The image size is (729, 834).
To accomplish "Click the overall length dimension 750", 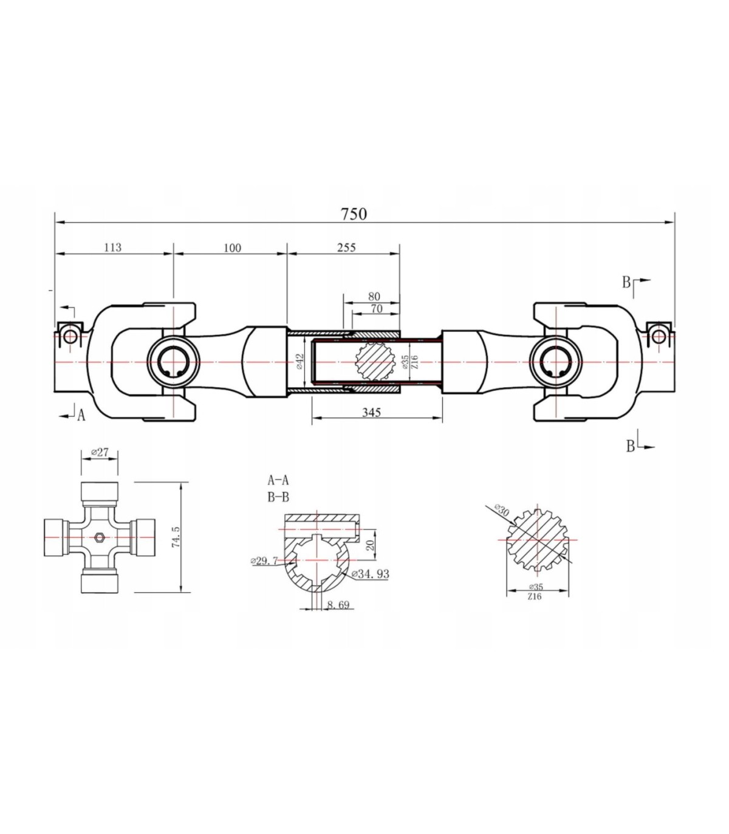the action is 354,213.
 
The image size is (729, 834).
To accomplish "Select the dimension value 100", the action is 232,247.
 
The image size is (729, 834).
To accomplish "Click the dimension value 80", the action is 374,297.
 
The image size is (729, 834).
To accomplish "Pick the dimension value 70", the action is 377,309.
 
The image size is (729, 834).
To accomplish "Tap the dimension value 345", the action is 371,412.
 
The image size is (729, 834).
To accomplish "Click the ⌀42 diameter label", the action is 300,362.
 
